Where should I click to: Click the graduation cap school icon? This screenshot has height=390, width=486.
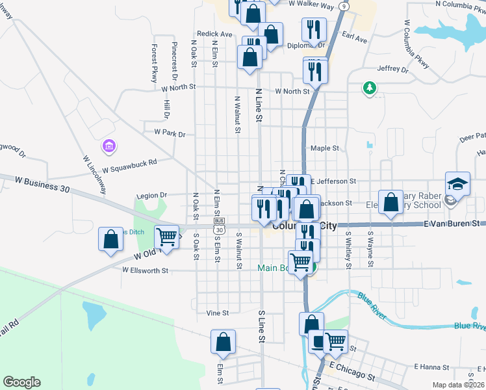(457, 183)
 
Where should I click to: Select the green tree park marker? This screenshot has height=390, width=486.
(370, 87)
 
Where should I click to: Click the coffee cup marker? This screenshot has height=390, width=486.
(316, 341)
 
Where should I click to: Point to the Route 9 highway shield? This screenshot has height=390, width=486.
(343, 5)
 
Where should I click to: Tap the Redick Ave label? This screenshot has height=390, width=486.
(214, 34)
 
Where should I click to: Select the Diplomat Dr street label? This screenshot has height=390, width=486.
(306, 45)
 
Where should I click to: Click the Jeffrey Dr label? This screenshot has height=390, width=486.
(392, 69)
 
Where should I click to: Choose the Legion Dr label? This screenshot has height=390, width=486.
(151, 195)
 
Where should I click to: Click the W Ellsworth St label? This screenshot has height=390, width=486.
(145, 270)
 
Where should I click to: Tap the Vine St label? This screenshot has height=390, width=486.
(217, 313)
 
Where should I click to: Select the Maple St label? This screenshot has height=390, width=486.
(324, 148)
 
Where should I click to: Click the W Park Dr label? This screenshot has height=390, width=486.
(170, 133)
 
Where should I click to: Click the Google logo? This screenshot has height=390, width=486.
(22, 382)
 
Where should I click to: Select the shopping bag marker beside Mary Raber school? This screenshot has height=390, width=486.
(390, 202)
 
